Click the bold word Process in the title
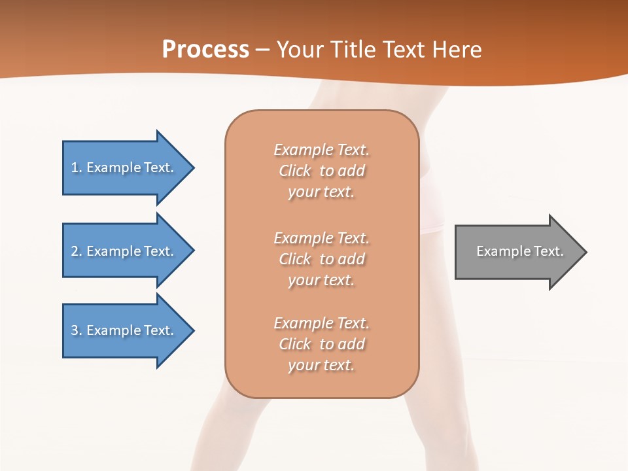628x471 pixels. (x=205, y=50)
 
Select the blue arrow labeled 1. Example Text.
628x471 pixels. (x=124, y=167)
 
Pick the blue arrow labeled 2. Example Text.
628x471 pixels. (x=124, y=251)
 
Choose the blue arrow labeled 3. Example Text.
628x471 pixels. (x=124, y=330)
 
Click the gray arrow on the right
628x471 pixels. (x=517, y=252)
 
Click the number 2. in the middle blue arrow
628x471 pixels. (x=77, y=251)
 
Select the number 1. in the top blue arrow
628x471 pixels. (x=77, y=167)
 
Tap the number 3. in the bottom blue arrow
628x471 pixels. (x=77, y=330)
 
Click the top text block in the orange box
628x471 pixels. (x=322, y=171)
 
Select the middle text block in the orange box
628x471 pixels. (x=322, y=259)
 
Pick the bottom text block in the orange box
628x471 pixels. (x=322, y=344)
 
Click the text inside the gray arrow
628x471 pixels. (x=519, y=251)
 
